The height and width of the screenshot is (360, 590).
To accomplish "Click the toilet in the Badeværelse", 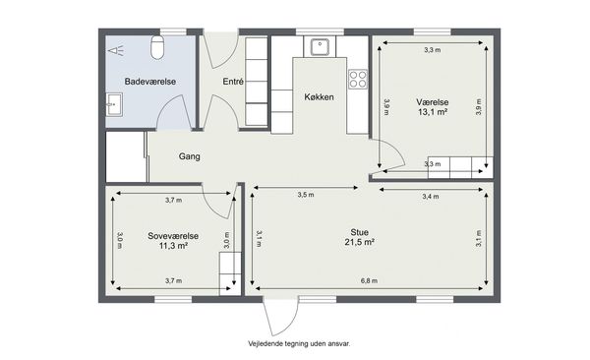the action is [x=157, y=47].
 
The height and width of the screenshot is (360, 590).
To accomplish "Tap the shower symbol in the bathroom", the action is [x=116, y=50].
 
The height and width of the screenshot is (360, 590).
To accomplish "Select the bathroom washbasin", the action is [x=114, y=104].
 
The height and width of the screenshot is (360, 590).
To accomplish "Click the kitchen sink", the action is [x=320, y=46].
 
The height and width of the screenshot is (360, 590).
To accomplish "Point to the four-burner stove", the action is [x=358, y=79].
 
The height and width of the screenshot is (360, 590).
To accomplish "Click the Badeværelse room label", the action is [x=150, y=82].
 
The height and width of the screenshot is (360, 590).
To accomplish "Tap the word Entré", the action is [x=233, y=82].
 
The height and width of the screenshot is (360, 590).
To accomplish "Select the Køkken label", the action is [x=319, y=97].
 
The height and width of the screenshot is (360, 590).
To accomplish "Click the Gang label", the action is [x=189, y=156].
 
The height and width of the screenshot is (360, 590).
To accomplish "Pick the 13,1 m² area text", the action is [x=433, y=112].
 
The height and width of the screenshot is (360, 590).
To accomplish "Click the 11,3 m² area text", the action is [x=173, y=246].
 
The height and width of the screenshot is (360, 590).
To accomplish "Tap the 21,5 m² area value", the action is [x=359, y=242].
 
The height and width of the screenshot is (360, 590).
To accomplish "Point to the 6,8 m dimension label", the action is [x=369, y=281].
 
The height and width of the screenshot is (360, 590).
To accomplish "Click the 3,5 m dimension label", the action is [x=306, y=195].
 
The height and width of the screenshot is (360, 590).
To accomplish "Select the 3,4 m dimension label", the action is [x=431, y=196].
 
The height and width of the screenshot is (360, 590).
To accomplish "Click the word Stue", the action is [x=359, y=232].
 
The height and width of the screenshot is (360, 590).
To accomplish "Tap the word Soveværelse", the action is [x=173, y=236].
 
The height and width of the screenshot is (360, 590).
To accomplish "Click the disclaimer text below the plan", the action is [x=299, y=344].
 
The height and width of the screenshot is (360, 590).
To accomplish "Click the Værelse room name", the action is [x=433, y=102].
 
